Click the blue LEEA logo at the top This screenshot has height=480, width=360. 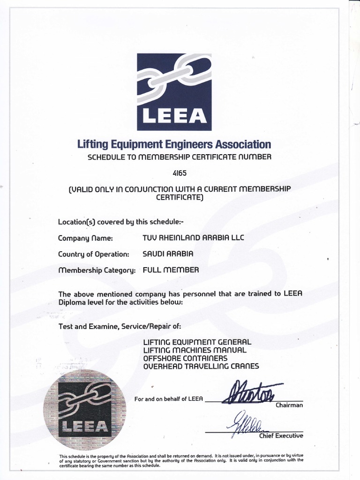pos(174,92)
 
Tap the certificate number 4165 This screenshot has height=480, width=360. pos(180,172)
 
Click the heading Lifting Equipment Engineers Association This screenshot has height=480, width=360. pos(174,144)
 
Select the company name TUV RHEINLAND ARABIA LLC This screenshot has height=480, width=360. pos(193,238)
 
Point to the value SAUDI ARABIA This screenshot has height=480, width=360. pos(167,254)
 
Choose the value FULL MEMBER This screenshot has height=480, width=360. pos(171,270)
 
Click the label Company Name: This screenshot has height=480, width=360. pos(86,238)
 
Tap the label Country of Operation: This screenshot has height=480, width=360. pos(93,254)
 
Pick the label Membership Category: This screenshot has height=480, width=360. pos(97,270)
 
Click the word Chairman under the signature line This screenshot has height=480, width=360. pos(290,405)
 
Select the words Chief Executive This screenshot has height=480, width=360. pos(281,436)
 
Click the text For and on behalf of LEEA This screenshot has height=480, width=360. pos(168,399)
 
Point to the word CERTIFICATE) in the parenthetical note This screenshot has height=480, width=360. pos(180,197)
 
